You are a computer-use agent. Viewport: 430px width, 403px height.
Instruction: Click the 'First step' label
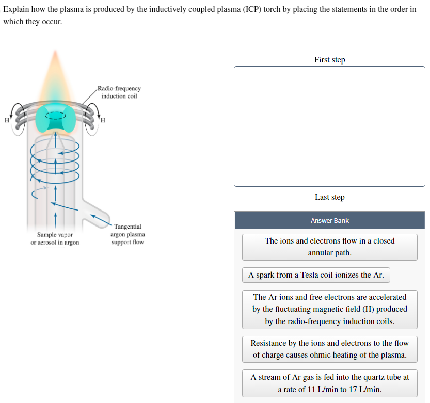coord(329,60)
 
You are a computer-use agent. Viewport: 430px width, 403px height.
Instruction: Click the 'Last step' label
coord(329,197)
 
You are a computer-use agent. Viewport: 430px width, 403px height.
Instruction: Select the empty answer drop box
coord(329,126)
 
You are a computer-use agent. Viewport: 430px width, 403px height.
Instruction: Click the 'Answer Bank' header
coord(329,220)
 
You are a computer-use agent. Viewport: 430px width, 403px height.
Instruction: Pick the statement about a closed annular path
coord(329,247)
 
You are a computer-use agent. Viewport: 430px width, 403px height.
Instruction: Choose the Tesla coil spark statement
coord(316,275)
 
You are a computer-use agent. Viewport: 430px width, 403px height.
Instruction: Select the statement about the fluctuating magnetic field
coord(329,309)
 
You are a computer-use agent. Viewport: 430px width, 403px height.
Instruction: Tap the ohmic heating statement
coord(329,349)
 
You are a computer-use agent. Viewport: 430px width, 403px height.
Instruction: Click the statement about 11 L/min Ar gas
coord(329,383)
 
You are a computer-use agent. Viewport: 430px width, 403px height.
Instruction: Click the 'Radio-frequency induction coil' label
coord(119,92)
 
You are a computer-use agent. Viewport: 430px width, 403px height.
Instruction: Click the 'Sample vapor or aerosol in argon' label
coord(55,238)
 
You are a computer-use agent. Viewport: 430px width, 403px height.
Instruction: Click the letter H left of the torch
coord(6,120)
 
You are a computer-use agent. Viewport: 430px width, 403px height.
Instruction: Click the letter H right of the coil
coord(103,121)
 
